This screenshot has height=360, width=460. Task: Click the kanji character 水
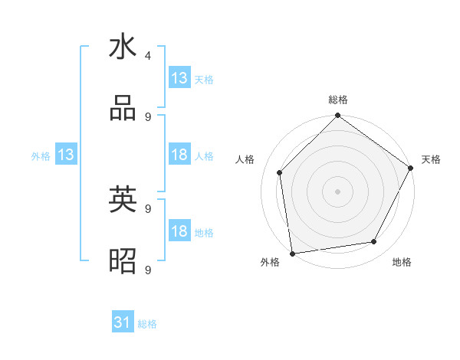coord(123,47)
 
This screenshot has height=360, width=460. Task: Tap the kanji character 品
coord(123,109)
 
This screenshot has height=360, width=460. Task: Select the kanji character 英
coord(123,200)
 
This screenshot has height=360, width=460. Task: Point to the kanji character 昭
coord(123,261)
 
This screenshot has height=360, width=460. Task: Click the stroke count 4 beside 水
coord(148,55)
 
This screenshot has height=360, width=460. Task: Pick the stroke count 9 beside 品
coord(148,116)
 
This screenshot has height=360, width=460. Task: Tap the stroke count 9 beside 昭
coord(148,270)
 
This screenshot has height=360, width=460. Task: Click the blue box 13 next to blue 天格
coord(179,78)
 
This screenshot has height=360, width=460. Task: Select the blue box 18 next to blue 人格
coord(179,155)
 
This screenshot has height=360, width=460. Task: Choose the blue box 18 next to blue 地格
coord(179,231)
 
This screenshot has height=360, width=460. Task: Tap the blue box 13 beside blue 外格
coord(66,155)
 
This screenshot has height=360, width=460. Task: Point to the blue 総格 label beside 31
coord(148,324)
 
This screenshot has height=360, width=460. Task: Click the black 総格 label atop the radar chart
coord(338,100)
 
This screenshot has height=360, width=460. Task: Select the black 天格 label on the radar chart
coord(431,159)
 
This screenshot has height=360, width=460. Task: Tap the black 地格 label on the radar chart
coord(402,263)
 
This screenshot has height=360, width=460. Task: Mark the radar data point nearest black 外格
coord(292,253)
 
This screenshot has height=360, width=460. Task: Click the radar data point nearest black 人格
coord(280,172)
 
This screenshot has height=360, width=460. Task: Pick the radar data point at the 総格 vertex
coord(338,116)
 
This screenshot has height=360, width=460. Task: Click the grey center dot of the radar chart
coord(338,191)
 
